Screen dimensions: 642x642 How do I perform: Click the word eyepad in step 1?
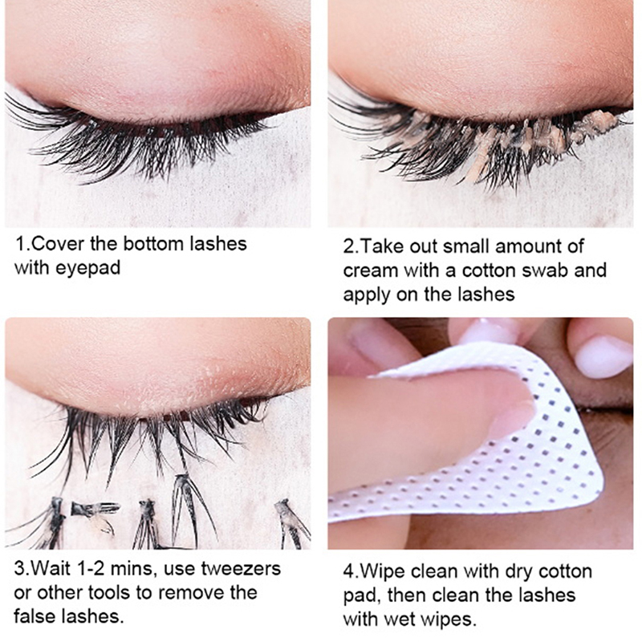88,269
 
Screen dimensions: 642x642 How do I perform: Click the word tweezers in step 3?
242,569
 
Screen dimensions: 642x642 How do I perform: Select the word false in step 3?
37,616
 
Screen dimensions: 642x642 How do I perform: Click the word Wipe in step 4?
384,571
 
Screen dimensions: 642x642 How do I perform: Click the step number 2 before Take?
348,247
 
